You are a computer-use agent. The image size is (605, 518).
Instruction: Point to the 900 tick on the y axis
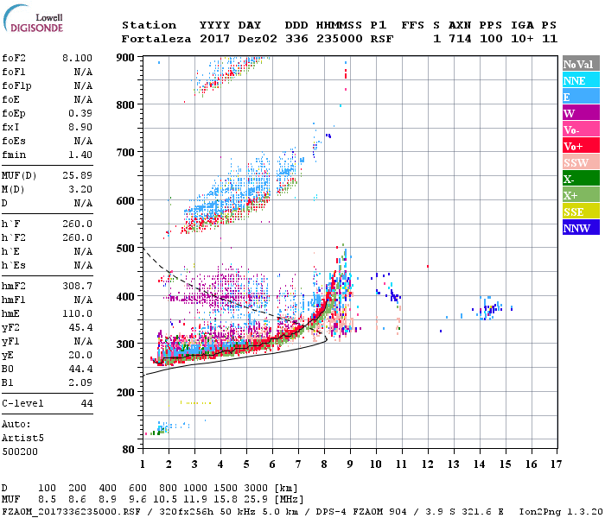pos(126,57)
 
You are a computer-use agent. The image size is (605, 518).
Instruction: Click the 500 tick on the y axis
pos(126,249)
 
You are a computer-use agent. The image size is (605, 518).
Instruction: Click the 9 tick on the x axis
pos(349,464)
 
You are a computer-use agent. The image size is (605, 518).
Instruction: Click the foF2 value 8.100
pos(78,58)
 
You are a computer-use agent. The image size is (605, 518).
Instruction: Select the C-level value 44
pos(86,403)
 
